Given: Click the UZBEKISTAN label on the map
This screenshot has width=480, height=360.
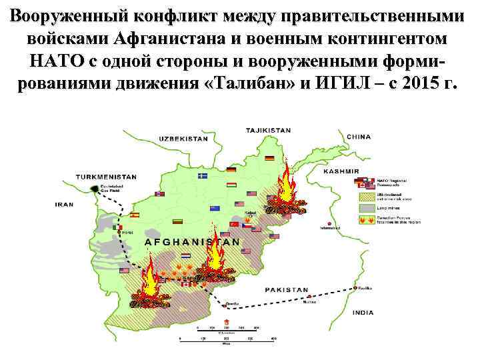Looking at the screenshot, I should [183, 138].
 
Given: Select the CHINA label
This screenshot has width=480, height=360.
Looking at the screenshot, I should [359, 137].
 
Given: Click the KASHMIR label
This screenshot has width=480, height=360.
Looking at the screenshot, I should [341, 171].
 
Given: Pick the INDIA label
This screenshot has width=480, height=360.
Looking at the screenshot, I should [363, 312].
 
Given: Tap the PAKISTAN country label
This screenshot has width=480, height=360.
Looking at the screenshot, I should [287, 290].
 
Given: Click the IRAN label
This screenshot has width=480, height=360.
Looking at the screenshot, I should [65, 204].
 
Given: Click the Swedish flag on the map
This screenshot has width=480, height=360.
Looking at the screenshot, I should [203, 176].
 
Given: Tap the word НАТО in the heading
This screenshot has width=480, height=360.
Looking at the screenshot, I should [56, 61].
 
